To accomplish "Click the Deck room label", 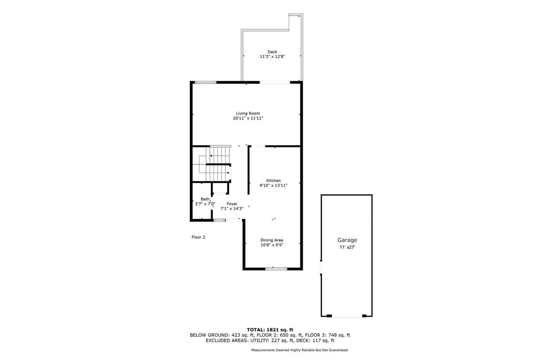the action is click(272, 52).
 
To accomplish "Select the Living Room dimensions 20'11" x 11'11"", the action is click(248, 118).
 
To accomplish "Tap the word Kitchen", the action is click(273, 181).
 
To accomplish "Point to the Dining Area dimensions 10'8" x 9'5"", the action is click(272, 245).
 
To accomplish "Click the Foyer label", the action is click(232, 204).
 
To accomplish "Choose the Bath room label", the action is click(205, 199).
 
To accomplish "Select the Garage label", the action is click(347, 240).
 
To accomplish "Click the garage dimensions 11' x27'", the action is click(347, 247).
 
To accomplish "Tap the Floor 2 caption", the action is click(198, 237).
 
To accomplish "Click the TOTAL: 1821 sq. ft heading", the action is click(270, 330).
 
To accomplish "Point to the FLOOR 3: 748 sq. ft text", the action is click(327, 335).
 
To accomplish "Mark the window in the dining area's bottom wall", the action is click(276, 268).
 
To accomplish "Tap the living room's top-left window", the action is click(205, 82).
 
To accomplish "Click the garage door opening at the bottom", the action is click(347, 316).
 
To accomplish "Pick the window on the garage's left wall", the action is click(321, 268).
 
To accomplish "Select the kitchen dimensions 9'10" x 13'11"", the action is click(273, 185).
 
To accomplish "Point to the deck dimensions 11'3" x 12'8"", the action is click(273, 57).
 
